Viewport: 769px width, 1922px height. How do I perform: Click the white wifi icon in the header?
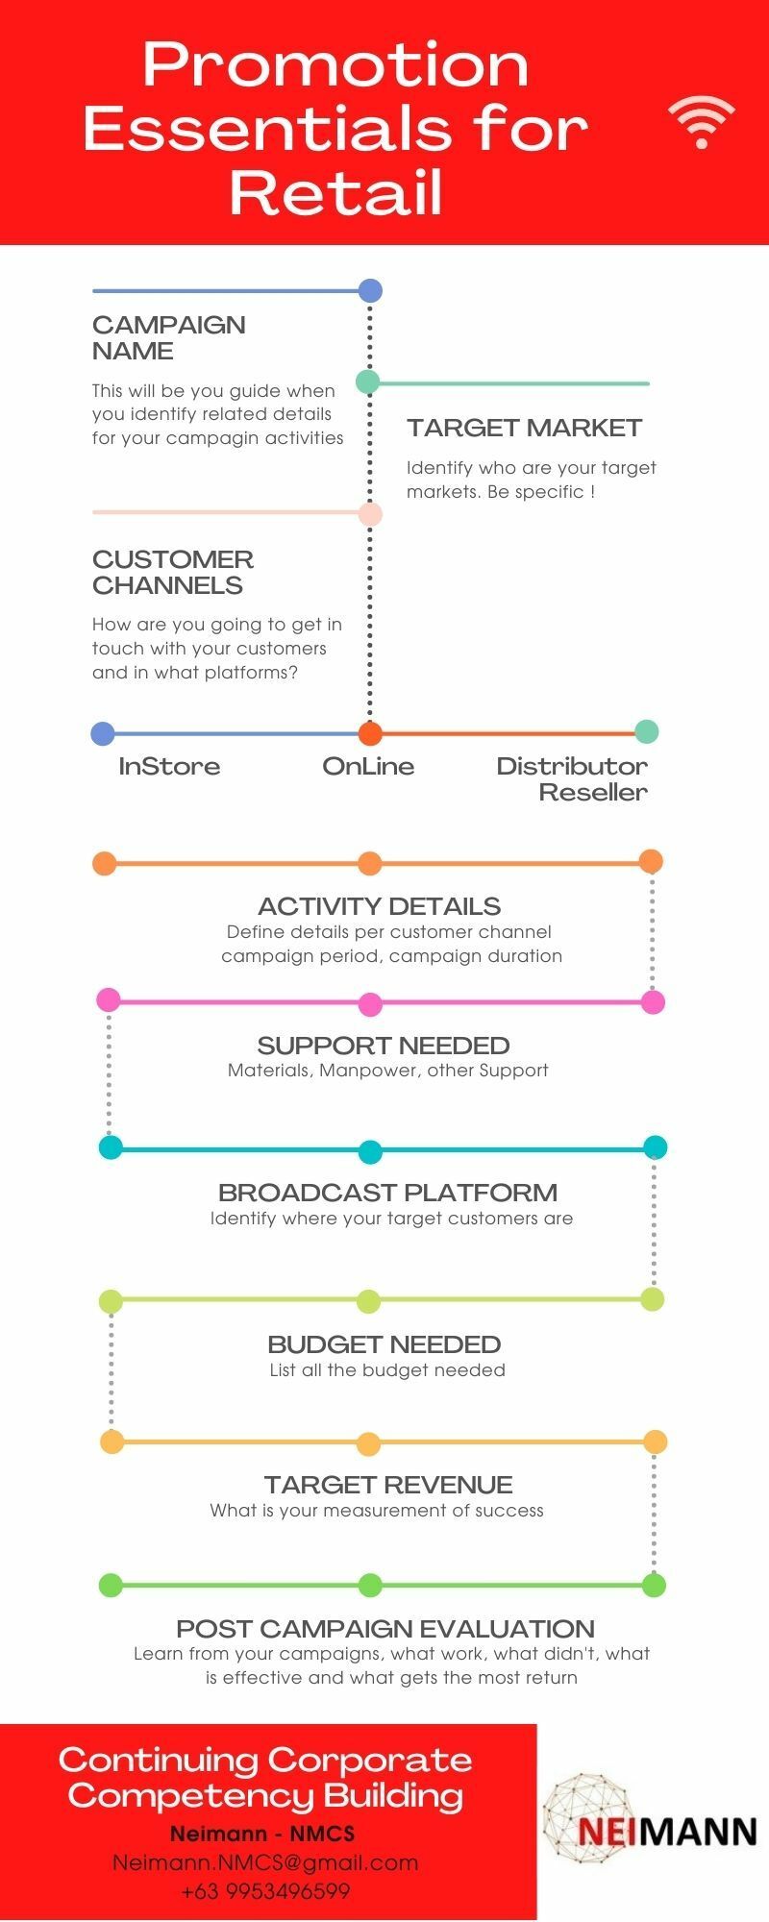(x=702, y=123)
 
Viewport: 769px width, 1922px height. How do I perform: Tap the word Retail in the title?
(x=336, y=191)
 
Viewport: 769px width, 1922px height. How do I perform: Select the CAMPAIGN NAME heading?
(x=169, y=337)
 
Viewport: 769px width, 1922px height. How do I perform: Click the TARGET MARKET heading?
(x=524, y=428)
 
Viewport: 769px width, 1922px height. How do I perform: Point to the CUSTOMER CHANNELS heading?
(x=173, y=572)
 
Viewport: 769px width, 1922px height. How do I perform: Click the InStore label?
(x=169, y=766)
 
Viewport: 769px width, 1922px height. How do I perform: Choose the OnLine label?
(x=368, y=766)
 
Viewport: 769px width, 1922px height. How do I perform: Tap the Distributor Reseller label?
(x=573, y=778)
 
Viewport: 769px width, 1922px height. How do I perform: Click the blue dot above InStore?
(x=103, y=734)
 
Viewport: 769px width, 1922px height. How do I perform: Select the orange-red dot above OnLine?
(x=370, y=734)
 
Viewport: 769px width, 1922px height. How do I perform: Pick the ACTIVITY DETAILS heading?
(x=380, y=906)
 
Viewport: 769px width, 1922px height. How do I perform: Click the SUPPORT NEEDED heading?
(x=384, y=1046)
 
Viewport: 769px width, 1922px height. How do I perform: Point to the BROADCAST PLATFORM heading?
(x=388, y=1193)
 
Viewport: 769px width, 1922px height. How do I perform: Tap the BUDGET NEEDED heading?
(x=384, y=1344)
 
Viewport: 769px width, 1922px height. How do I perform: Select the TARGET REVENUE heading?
(x=388, y=1485)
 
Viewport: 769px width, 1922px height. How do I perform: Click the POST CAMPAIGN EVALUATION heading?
(x=385, y=1629)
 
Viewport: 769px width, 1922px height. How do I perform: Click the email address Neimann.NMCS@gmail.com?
(x=265, y=1862)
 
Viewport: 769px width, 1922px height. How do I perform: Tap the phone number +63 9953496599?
(x=265, y=1891)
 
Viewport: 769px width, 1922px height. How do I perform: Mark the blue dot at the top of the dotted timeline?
(x=370, y=290)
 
